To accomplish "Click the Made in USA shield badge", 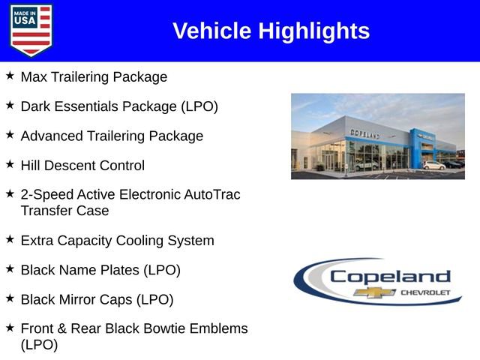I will (31, 30).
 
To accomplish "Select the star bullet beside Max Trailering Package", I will (10, 76).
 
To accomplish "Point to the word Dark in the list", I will (35, 106).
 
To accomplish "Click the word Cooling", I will (146, 241).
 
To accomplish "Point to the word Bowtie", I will (172, 328).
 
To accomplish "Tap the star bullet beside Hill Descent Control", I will (10, 164).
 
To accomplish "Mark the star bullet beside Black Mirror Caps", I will (10, 298).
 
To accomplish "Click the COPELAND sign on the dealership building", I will (364, 134).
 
